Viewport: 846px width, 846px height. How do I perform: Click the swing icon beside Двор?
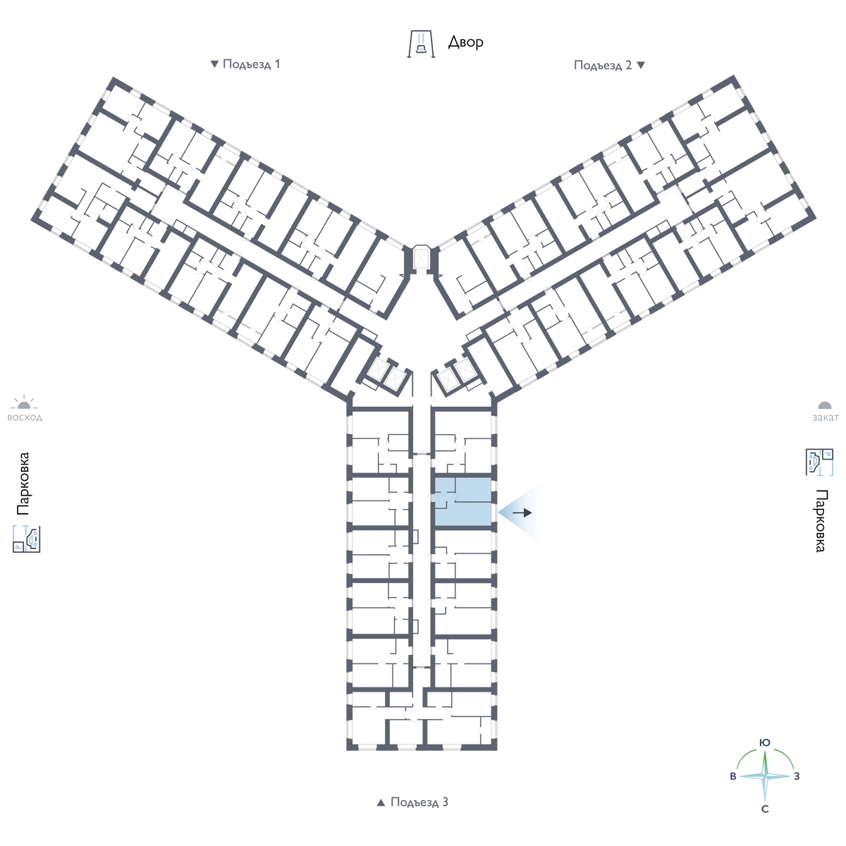click(x=421, y=44)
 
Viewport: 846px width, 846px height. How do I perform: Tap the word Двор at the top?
click(x=465, y=42)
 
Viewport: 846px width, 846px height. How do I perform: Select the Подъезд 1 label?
click(x=251, y=64)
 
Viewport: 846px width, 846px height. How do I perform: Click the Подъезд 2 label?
click(x=603, y=66)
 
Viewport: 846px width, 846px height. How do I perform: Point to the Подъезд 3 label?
click(x=419, y=802)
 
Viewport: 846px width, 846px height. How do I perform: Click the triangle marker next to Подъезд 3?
click(x=381, y=802)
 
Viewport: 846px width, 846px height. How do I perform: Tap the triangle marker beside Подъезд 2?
click(x=641, y=66)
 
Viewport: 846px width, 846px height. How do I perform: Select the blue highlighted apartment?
click(x=462, y=502)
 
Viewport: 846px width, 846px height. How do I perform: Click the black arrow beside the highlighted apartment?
click(x=522, y=513)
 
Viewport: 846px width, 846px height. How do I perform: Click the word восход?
click(x=25, y=417)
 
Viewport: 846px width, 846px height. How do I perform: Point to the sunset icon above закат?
click(x=825, y=405)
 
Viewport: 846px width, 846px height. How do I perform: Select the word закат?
click(x=825, y=417)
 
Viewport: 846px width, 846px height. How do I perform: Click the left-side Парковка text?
click(x=23, y=484)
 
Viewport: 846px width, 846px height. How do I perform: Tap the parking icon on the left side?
click(x=26, y=539)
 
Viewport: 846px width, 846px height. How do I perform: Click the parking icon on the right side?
click(x=819, y=462)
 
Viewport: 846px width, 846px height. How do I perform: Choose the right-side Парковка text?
click(x=820, y=521)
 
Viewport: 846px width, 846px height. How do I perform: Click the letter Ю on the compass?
click(x=764, y=742)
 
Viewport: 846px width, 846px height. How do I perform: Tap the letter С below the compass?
click(x=765, y=809)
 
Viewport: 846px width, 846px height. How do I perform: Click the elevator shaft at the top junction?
click(x=421, y=258)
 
